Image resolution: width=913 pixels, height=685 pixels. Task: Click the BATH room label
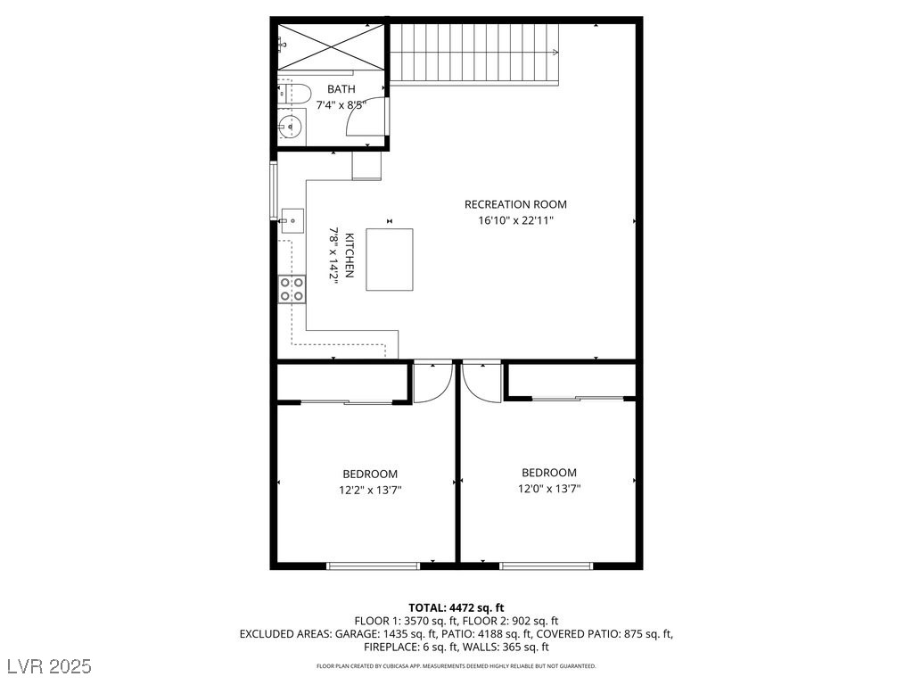click(341, 89)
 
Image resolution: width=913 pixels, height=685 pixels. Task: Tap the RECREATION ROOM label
click(515, 204)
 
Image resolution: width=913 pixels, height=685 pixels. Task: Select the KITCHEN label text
click(350, 255)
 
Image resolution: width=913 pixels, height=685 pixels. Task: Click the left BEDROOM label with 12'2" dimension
click(370, 474)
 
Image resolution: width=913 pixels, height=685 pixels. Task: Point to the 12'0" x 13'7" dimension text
click(549, 488)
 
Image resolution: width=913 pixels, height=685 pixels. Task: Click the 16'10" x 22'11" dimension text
click(515, 220)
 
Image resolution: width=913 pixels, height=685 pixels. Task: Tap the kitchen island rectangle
click(390, 260)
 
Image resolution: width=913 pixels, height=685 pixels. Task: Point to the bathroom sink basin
click(290, 127)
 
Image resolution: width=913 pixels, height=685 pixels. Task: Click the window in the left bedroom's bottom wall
click(374, 565)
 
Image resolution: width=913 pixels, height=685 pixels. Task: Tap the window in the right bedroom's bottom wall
click(546, 565)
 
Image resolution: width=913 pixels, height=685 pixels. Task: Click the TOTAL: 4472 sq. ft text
click(456, 607)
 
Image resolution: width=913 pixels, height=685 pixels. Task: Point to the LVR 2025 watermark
click(53, 666)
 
